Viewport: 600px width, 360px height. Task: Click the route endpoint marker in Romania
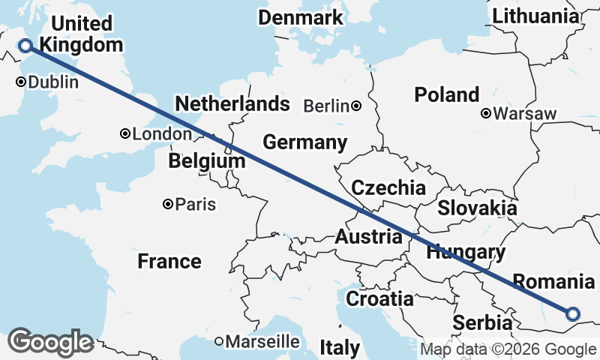pyautogui.click(x=573, y=314)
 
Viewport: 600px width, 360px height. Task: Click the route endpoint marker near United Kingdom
pyautogui.click(x=25, y=46)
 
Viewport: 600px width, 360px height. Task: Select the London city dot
pyautogui.click(x=125, y=134)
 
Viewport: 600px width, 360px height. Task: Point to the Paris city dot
pyautogui.click(x=169, y=204)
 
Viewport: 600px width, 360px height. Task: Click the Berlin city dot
pyautogui.click(x=356, y=106)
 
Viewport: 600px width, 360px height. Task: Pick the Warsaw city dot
pyautogui.click(x=486, y=114)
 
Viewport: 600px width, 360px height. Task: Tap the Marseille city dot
pyautogui.click(x=220, y=341)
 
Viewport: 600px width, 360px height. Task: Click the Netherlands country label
pyautogui.click(x=232, y=103)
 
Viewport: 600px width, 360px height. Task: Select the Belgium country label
pyautogui.click(x=207, y=161)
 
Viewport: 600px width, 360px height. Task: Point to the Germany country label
pyautogui.click(x=304, y=142)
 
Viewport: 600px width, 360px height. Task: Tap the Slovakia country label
pyautogui.click(x=477, y=208)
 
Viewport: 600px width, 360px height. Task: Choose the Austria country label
pyautogui.click(x=368, y=237)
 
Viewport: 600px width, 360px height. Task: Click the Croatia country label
pyautogui.click(x=379, y=299)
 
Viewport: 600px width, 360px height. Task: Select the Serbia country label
pyautogui.click(x=482, y=323)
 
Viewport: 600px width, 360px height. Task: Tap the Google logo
pyautogui.click(x=50, y=342)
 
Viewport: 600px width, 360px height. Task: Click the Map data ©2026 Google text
pyautogui.click(x=508, y=349)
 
